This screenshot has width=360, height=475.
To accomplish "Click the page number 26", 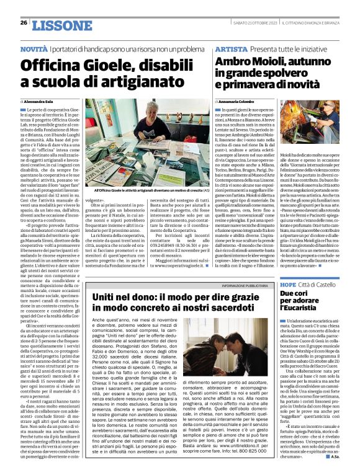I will pyautogui.click(x=24, y=23).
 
